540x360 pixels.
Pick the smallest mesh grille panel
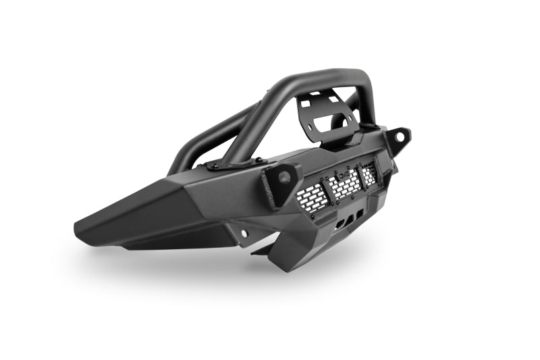coord(369,176)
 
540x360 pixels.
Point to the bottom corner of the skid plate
coord(295,269)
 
